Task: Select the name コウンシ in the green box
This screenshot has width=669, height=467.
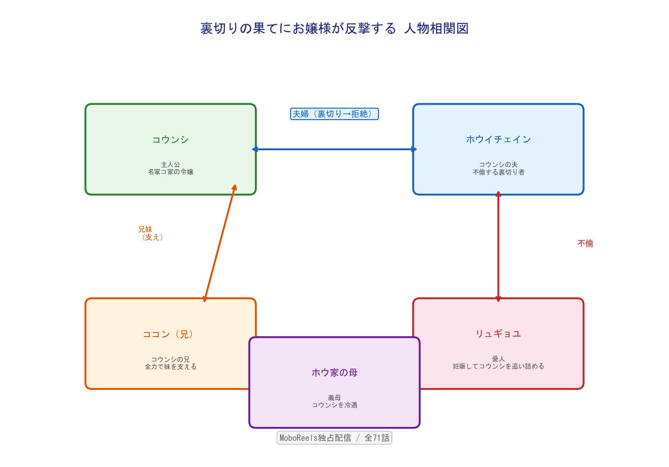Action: click(x=170, y=139)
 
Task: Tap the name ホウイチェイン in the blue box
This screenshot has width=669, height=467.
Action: click(x=498, y=139)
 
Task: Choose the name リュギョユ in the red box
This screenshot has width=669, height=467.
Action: click(x=498, y=333)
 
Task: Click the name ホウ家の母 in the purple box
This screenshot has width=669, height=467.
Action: click(x=334, y=373)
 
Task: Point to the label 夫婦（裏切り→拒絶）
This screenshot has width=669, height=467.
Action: click(x=334, y=114)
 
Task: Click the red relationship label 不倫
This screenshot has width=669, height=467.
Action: click(x=585, y=244)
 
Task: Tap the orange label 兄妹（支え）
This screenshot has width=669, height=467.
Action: click(x=150, y=233)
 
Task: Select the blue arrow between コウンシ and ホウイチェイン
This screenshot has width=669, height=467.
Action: click(x=334, y=149)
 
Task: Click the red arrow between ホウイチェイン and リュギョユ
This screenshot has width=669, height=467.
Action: click(x=498, y=246)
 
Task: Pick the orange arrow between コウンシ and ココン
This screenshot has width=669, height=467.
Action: click(x=219, y=244)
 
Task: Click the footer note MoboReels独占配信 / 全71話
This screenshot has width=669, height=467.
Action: click(x=334, y=438)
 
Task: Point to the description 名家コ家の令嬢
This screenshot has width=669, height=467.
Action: click(x=170, y=172)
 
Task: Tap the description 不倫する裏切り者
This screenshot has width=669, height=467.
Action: click(x=498, y=172)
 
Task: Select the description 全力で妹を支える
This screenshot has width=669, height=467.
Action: click(x=170, y=367)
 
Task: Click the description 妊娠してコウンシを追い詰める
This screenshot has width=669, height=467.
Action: click(x=498, y=366)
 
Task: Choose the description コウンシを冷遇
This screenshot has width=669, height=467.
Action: click(x=334, y=405)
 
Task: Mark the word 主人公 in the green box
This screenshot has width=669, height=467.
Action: click(x=170, y=165)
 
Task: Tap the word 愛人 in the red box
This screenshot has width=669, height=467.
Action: click(x=498, y=359)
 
